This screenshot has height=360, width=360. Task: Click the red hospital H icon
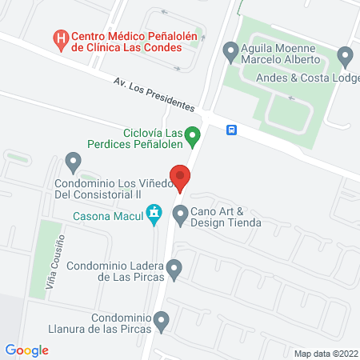59,38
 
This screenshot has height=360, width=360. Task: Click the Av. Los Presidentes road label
154,94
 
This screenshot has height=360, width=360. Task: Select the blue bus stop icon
231,130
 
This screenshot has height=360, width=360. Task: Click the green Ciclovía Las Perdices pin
192,138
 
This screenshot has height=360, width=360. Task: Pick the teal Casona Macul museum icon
153,214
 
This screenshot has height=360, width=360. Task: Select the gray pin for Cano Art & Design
180,214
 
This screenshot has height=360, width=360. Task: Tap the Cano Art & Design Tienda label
226,217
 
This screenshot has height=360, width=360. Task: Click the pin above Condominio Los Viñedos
74,164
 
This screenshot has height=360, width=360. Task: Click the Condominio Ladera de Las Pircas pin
174,270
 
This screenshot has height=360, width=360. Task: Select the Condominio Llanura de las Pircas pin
162,322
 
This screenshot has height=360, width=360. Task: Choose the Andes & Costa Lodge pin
345,57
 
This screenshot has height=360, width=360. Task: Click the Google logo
26,350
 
